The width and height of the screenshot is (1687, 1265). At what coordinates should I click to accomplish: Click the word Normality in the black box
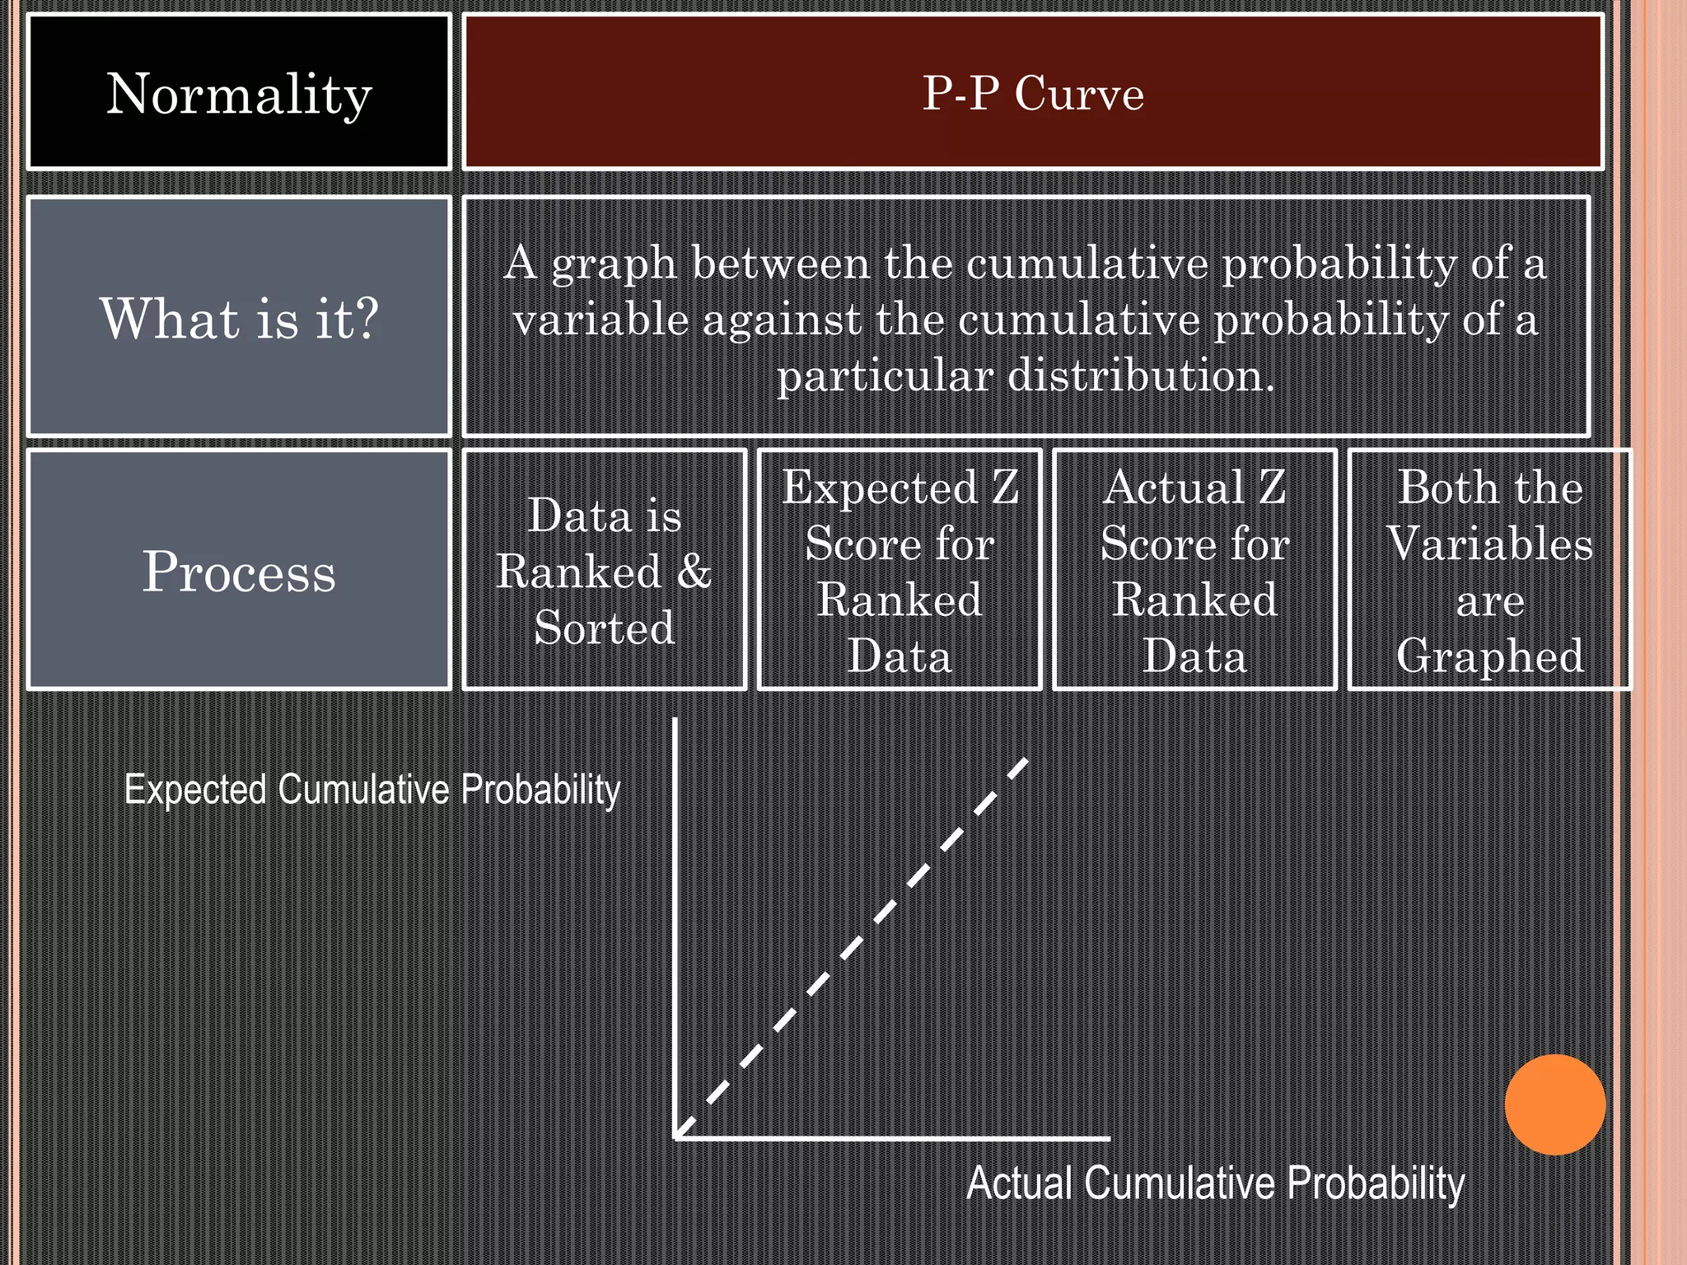coord(239,94)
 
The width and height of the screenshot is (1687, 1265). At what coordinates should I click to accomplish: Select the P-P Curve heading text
coord(1033,93)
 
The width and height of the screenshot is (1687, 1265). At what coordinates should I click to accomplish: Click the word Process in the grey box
coord(239,571)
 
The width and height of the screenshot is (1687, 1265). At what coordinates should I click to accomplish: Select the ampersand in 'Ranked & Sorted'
coord(694,571)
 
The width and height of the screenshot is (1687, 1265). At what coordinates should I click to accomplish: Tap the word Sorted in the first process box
coord(604,628)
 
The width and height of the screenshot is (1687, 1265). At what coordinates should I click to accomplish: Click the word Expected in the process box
coord(879,488)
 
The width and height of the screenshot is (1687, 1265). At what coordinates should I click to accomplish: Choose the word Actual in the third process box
coord(1174,488)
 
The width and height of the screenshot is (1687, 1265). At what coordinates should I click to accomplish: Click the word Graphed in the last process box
coord(1490,656)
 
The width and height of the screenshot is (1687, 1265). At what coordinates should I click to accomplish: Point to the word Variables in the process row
coord(1490,544)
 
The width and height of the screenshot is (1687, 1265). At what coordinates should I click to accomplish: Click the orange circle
coord(1554,1104)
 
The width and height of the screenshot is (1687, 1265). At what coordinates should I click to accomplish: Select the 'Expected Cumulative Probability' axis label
coord(372,789)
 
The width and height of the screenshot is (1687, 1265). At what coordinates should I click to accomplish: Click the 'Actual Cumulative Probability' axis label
coord(1215,1183)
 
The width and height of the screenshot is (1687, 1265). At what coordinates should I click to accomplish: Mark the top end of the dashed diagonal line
coord(1026,761)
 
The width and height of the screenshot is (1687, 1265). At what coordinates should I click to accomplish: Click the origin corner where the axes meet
coord(676,1138)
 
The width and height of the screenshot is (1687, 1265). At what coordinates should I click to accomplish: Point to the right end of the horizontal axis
coord(1108,1138)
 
